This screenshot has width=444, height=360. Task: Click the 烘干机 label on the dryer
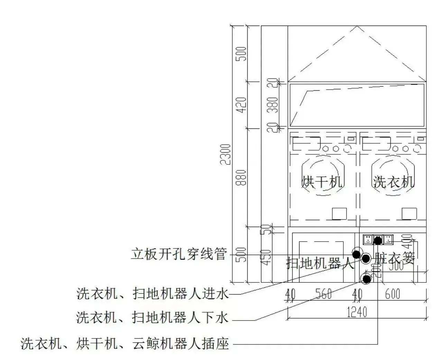tap(322, 181)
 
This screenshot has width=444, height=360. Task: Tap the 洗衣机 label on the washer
tap(394, 181)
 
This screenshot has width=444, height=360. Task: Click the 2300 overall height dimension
tap(226, 154)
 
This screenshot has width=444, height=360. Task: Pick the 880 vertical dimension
tap(242, 177)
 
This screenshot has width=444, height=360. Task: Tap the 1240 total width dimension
tap(357, 312)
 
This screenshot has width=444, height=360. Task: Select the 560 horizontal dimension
tap(324, 294)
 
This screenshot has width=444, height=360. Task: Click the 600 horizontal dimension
tap(392, 294)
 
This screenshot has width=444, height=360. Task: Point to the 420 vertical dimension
tap(242, 105)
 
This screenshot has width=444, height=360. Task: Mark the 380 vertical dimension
tap(273, 105)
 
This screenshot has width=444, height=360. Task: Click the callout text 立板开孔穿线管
tap(178, 254)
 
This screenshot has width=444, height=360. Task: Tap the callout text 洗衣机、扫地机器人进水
tap(152, 294)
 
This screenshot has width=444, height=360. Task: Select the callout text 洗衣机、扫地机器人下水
tap(152, 317)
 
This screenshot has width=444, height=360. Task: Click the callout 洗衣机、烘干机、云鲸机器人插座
tap(125, 344)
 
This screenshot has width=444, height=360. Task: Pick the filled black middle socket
tap(378, 239)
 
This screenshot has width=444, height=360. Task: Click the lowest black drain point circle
tap(366, 279)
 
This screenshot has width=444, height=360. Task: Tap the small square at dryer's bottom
tap(339, 214)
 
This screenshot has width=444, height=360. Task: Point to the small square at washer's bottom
tap(409, 214)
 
